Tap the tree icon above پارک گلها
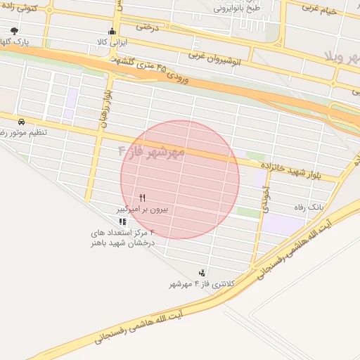pyautogui.click(x=15, y=31)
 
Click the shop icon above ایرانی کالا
pyautogui.click(x=111, y=32)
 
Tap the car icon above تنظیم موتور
pyautogui.click(x=22, y=122)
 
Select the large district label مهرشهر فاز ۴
pyautogui.click(x=150, y=151)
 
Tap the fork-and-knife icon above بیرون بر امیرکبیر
pyautogui.click(x=143, y=198)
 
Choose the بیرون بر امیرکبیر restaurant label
pyautogui.click(x=143, y=210)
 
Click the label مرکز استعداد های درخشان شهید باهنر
pyautogui.click(x=122, y=237)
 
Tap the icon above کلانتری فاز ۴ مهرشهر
pyautogui.click(x=202, y=272)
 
